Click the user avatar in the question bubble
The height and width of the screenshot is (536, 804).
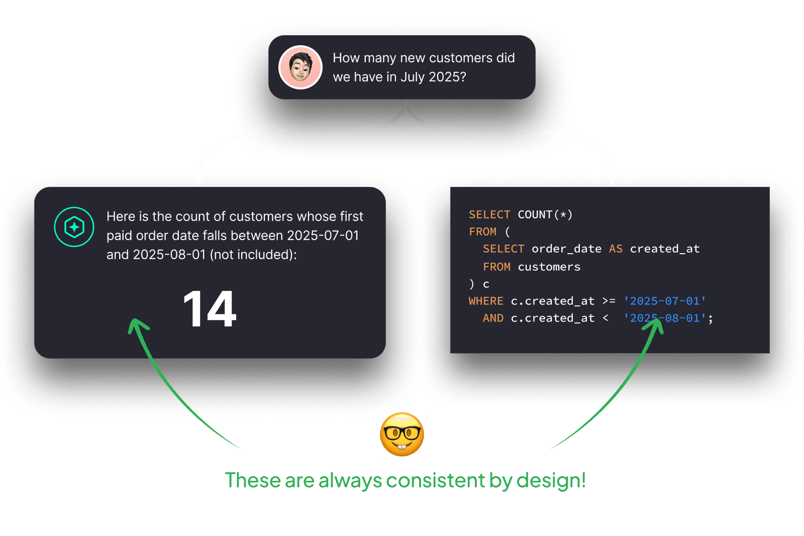click(300, 67)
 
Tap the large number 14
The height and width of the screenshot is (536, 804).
click(210, 309)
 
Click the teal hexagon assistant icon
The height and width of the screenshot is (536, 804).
click(74, 227)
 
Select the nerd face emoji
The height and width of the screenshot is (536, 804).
click(402, 435)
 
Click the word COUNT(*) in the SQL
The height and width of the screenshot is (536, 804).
click(545, 215)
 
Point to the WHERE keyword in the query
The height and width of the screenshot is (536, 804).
click(486, 301)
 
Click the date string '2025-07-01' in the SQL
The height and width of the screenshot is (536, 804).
click(665, 301)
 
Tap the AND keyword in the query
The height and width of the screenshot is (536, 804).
click(493, 318)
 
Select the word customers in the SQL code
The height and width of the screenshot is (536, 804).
click(549, 267)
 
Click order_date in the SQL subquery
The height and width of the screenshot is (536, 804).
click(566, 249)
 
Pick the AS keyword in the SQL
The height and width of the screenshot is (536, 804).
click(616, 249)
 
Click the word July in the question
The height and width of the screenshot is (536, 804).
click(413, 77)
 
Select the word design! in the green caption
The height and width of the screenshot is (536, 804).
click(551, 480)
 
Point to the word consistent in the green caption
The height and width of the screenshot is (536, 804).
click(436, 480)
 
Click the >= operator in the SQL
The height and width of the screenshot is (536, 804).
click(609, 301)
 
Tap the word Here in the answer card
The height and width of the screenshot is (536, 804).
click(121, 217)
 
